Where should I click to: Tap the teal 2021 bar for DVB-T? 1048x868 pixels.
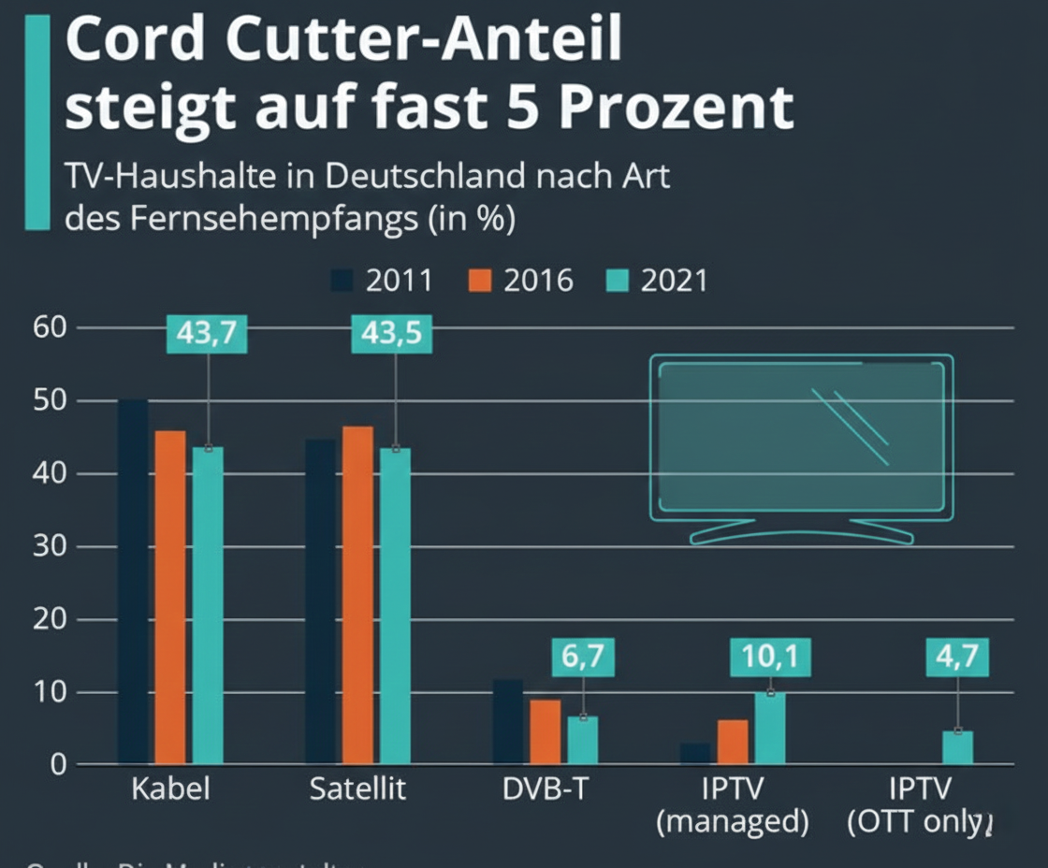tap(582, 740)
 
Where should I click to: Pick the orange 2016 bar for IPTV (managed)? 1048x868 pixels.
tap(733, 742)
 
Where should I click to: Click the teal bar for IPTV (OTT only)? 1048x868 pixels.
tap(957, 747)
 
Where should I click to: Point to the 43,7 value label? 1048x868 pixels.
tap(207, 335)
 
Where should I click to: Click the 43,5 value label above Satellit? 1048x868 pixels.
tap(392, 335)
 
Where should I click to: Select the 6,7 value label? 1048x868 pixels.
tap(583, 658)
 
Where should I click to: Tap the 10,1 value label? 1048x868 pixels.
tap(770, 658)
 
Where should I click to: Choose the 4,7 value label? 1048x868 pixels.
tap(956, 658)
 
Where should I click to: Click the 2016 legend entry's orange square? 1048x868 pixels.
tap(478, 281)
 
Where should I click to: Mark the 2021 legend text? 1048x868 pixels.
tap(674, 281)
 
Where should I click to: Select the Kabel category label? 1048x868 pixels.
tap(169, 788)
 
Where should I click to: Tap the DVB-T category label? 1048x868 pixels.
tap(545, 788)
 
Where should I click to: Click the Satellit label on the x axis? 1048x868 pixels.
tap(357, 788)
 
